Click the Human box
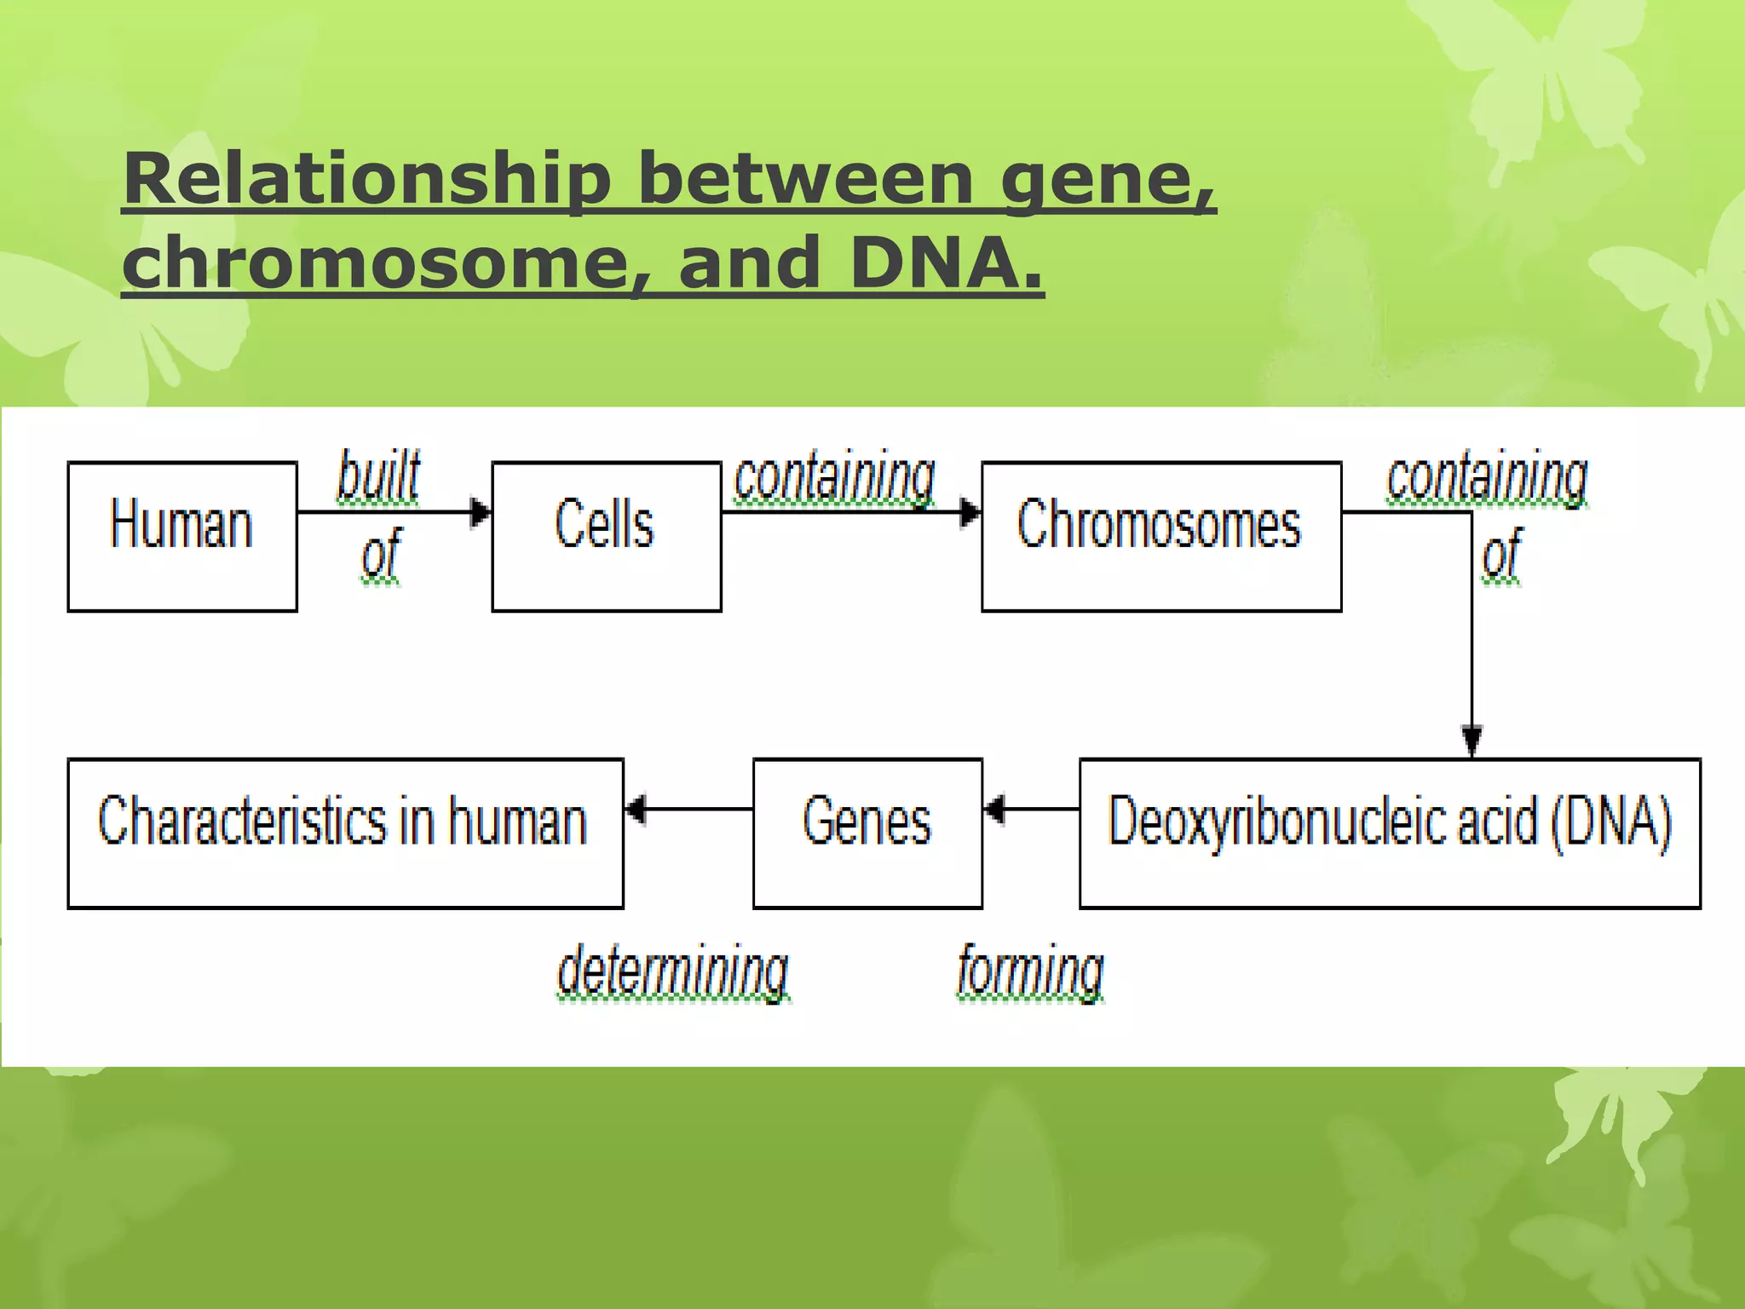(181, 536)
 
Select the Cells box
(606, 536)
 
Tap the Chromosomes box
(1160, 536)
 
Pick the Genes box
(867, 833)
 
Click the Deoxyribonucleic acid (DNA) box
(1390, 833)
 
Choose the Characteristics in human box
(345, 833)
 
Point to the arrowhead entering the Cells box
(481, 512)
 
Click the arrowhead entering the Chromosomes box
(970, 512)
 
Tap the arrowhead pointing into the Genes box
(994, 809)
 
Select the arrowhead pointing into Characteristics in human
(636, 809)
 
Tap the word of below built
(380, 555)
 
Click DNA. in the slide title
(946, 262)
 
